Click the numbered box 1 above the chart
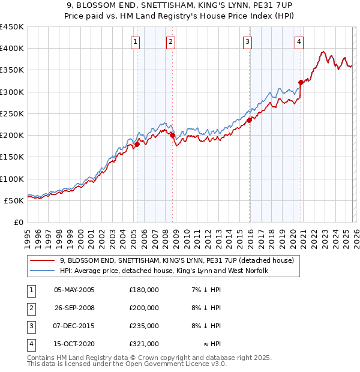pyautogui.click(x=135, y=41)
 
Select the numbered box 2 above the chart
pyautogui.click(x=171, y=41)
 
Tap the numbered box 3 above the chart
pyautogui.click(x=247, y=41)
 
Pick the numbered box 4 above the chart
pyautogui.click(x=299, y=41)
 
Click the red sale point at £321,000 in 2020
pyautogui.click(x=301, y=83)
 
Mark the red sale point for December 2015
pyautogui.click(x=250, y=120)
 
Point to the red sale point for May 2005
pyautogui.click(x=137, y=144)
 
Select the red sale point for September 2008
pyautogui.click(x=173, y=136)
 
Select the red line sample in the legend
pyautogui.click(x=43, y=261)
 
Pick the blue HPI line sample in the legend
pyautogui.click(x=43, y=271)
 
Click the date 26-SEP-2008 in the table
pyautogui.click(x=74, y=308)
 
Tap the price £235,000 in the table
pyautogui.click(x=144, y=326)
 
